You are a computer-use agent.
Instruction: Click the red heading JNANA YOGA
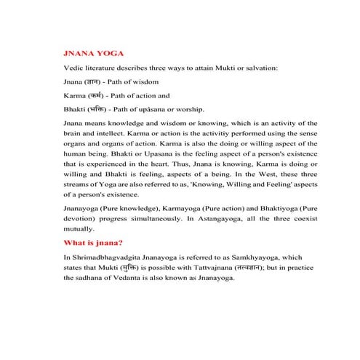[95, 54]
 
